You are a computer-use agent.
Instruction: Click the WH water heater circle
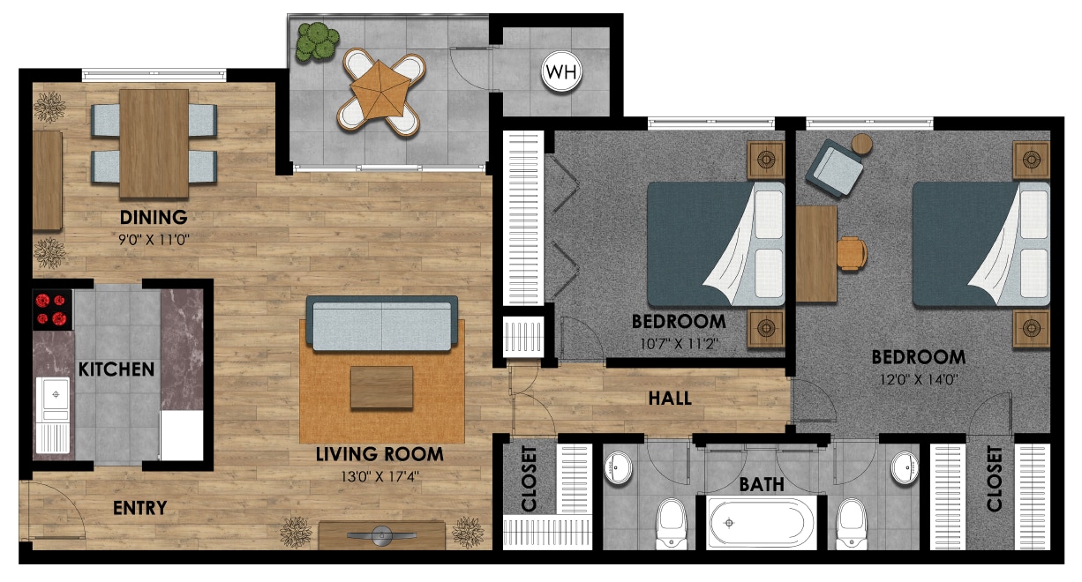[562, 72]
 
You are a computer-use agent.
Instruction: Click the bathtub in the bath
[763, 522]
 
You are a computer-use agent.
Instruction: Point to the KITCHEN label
[116, 369]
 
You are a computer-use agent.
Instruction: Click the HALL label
[670, 399]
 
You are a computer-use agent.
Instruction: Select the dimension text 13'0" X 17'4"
[380, 477]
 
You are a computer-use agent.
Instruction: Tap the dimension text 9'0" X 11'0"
[155, 239]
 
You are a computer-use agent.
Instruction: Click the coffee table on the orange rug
[381, 388]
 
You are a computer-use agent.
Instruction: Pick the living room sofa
[381, 323]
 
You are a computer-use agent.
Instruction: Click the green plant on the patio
[316, 41]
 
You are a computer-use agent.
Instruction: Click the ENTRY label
[139, 508]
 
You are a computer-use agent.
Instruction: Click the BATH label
[762, 484]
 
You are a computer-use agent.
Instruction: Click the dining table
[154, 143]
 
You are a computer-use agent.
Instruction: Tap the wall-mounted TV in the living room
[381, 534]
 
